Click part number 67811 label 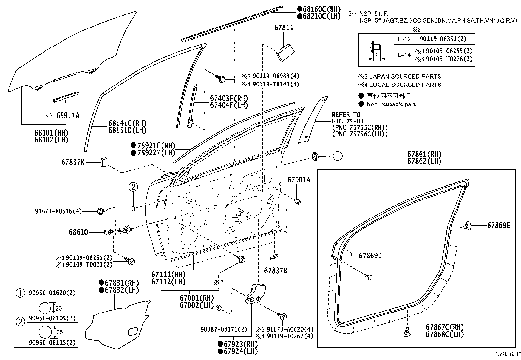[x=284, y=28]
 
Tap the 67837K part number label [x=73, y=162]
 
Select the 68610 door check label [x=79, y=232]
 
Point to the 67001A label [x=299, y=180]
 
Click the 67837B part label [x=276, y=270]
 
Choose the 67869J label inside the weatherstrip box [x=370, y=256]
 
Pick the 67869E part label [x=499, y=225]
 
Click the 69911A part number [x=68, y=115]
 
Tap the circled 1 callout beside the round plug [x=338, y=156]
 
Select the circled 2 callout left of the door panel [x=133, y=187]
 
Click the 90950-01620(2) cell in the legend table [x=52, y=293]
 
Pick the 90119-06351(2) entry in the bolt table [x=443, y=39]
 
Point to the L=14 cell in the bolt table [x=404, y=55]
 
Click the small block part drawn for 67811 [x=285, y=53]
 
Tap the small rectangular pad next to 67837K [x=104, y=162]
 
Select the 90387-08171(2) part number [x=224, y=329]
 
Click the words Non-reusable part [x=391, y=104]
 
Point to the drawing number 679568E [x=508, y=354]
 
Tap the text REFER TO [x=346, y=115]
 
